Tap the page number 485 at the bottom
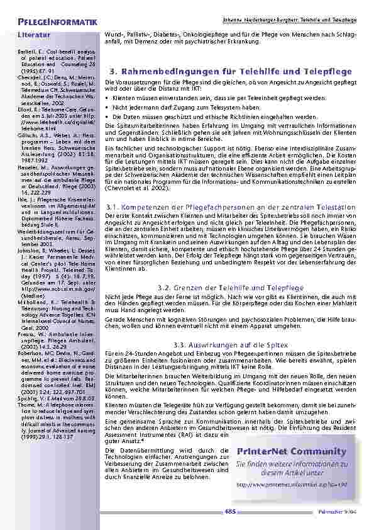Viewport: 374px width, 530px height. click(x=231, y=510)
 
